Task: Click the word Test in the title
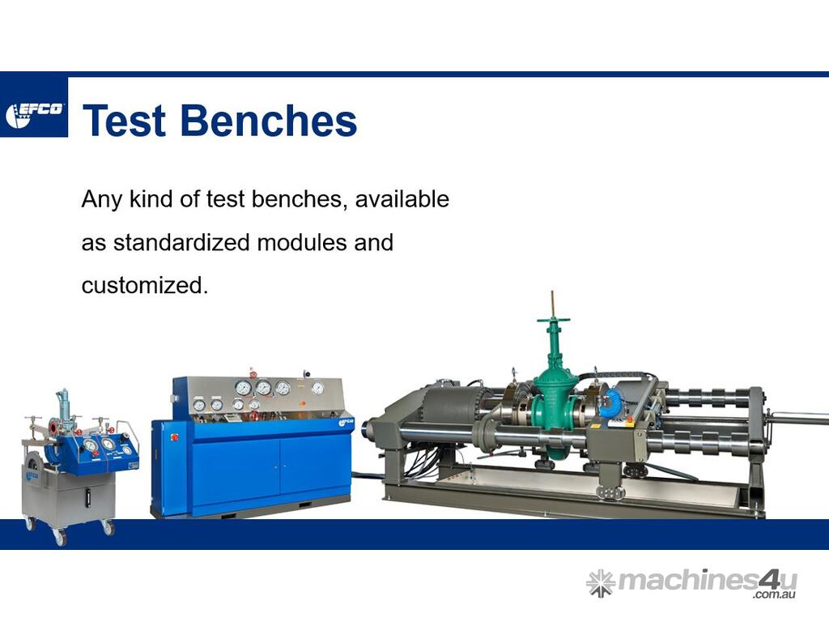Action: (x=124, y=120)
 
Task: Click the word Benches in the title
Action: (x=269, y=120)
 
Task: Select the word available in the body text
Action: (x=402, y=199)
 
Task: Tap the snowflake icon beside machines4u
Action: (x=601, y=583)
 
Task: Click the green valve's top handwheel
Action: (x=553, y=320)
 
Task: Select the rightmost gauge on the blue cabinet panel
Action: (x=317, y=388)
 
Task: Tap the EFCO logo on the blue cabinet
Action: (x=346, y=423)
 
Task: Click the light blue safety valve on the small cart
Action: (x=63, y=404)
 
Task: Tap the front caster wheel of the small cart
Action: (x=60, y=537)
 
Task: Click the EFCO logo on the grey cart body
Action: (x=31, y=475)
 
